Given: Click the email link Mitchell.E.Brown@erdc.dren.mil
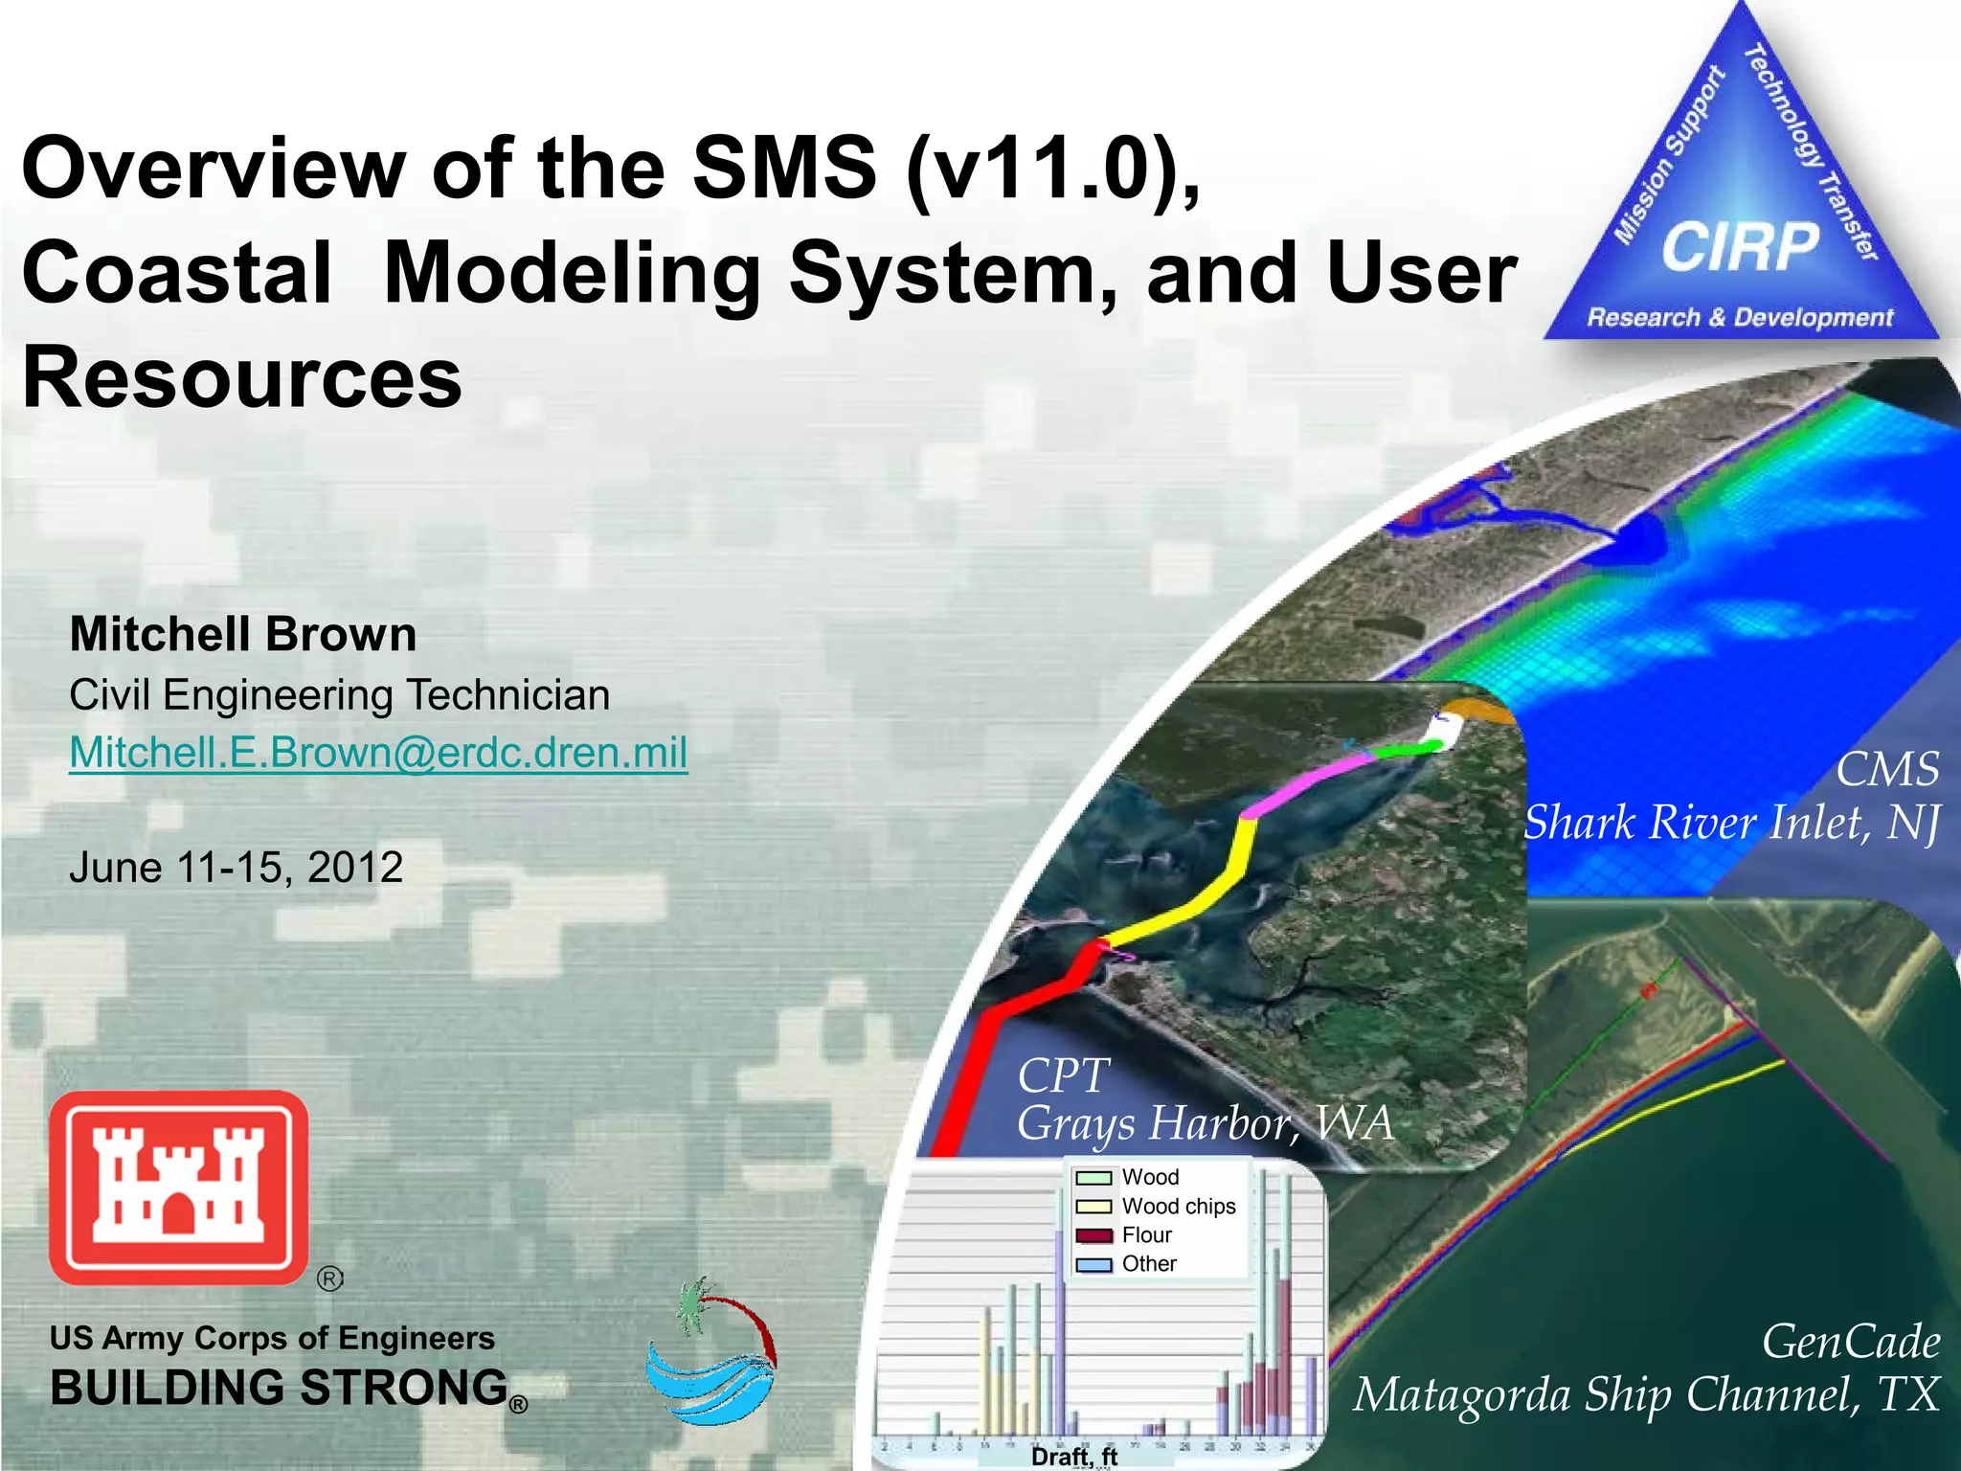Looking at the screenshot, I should (x=378, y=753).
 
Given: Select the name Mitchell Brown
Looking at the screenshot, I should (x=243, y=635).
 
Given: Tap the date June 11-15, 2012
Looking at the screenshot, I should (x=236, y=868).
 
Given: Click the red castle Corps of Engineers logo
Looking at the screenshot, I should (x=179, y=1188).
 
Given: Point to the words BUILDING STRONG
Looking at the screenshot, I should (x=279, y=1389).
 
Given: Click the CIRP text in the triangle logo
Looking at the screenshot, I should (x=1740, y=247).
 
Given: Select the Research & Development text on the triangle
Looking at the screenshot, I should (x=1740, y=318).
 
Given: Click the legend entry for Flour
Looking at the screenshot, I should (x=1145, y=1235).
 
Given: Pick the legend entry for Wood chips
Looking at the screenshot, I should (x=1178, y=1207).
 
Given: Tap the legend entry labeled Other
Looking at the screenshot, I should (x=1148, y=1264).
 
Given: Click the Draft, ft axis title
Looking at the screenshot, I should (x=1073, y=1457).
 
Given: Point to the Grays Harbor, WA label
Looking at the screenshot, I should (x=1205, y=1124).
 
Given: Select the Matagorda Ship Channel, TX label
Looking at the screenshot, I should (x=1646, y=1394).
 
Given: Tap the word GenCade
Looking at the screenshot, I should (x=1850, y=1342).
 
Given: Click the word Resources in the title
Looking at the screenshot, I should (x=242, y=378).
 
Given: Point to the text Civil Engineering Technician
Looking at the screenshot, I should (x=339, y=695).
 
